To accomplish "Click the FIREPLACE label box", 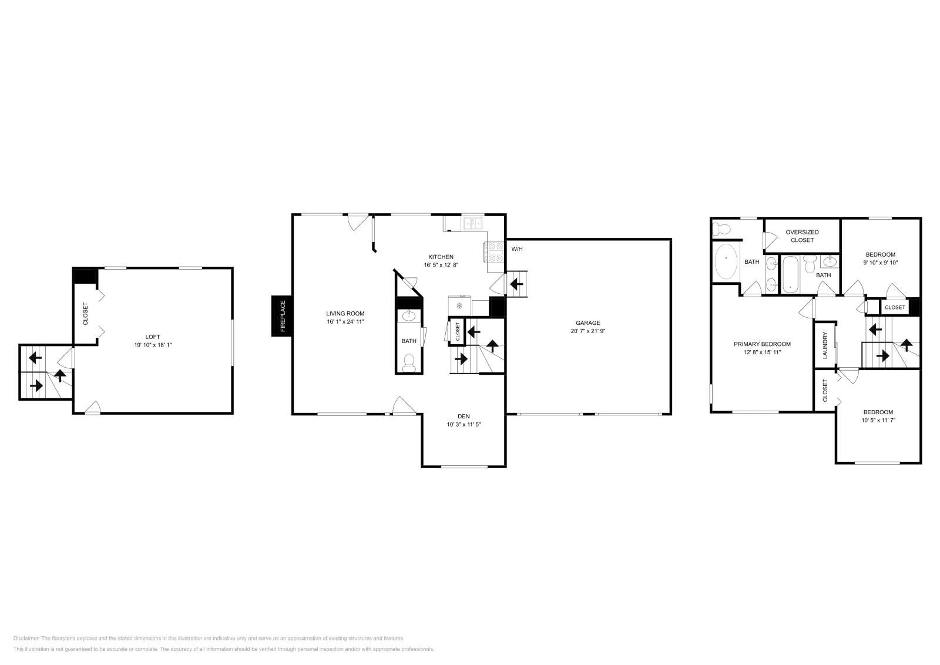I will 282,316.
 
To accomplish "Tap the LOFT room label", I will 153,337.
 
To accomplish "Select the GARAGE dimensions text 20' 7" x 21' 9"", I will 587,331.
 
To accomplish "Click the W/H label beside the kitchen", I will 517,249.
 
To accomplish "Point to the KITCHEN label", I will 441,257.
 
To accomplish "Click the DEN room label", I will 464,416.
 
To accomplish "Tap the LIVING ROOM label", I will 345,314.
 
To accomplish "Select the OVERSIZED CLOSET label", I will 802,236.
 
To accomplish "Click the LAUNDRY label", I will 825,346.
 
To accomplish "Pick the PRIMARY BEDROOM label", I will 762,344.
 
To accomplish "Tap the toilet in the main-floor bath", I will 409,363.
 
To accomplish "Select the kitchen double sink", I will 473,223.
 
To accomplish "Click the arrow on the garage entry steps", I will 517,285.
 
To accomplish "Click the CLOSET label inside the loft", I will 86,314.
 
